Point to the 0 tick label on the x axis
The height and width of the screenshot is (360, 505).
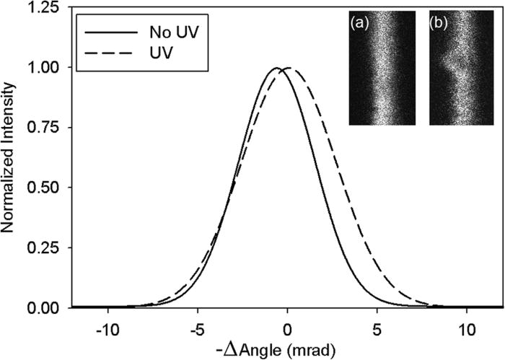tap(287, 325)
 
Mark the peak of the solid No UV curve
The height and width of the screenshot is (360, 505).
tap(276, 68)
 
